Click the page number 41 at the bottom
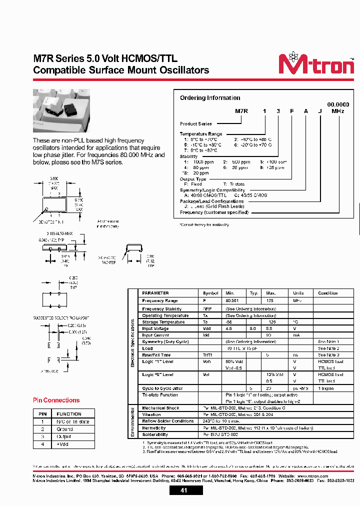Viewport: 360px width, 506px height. coord(183,491)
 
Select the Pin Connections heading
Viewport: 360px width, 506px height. coord(56,400)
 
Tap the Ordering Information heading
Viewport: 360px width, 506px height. coord(210,98)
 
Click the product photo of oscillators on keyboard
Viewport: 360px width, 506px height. coord(61,110)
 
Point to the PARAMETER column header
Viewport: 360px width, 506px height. coord(155,293)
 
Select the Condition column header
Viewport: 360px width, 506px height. coord(328,293)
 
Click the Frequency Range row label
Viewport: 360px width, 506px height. coord(160,300)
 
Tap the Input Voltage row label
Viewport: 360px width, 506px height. coord(156,328)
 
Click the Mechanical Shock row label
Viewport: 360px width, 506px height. coord(160,408)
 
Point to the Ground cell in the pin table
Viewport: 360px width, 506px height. coord(64,429)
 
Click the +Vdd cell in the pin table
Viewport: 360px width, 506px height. coord(62,444)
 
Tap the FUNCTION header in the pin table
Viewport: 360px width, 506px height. coord(69,414)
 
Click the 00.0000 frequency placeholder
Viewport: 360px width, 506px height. coord(338,104)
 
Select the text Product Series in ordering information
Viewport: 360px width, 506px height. coord(196,123)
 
